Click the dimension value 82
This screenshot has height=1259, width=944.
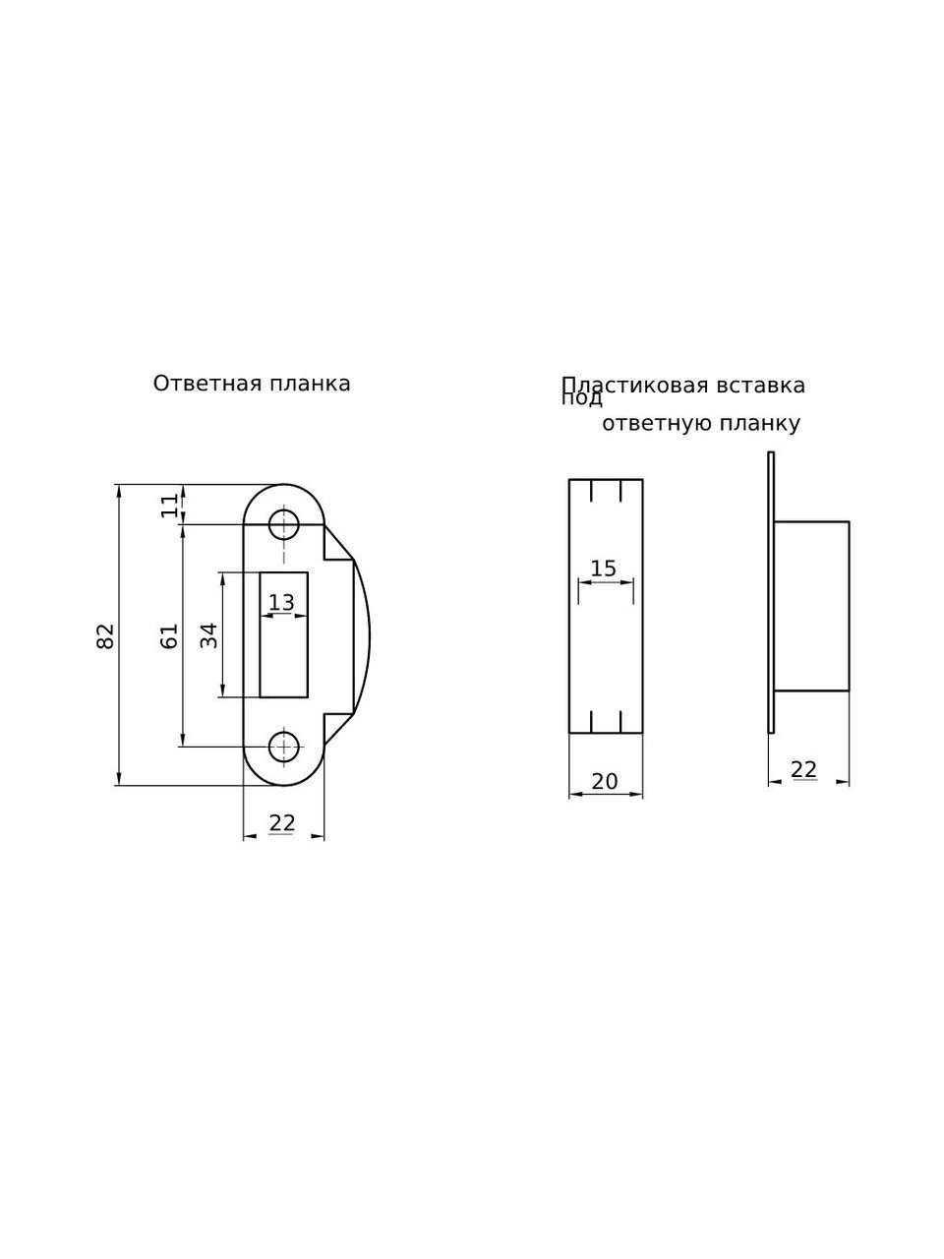(105, 635)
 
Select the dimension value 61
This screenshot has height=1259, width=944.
(169, 635)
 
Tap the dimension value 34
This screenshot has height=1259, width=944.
(209, 635)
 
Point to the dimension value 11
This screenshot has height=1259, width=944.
(170, 506)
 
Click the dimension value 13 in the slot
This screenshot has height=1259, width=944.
(281, 602)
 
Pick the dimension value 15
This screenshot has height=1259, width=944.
(603, 569)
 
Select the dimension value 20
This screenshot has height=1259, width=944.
(605, 781)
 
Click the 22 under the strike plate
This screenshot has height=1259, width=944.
(282, 823)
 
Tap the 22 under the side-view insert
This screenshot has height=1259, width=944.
(803, 769)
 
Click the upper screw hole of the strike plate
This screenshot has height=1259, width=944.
(284, 523)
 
